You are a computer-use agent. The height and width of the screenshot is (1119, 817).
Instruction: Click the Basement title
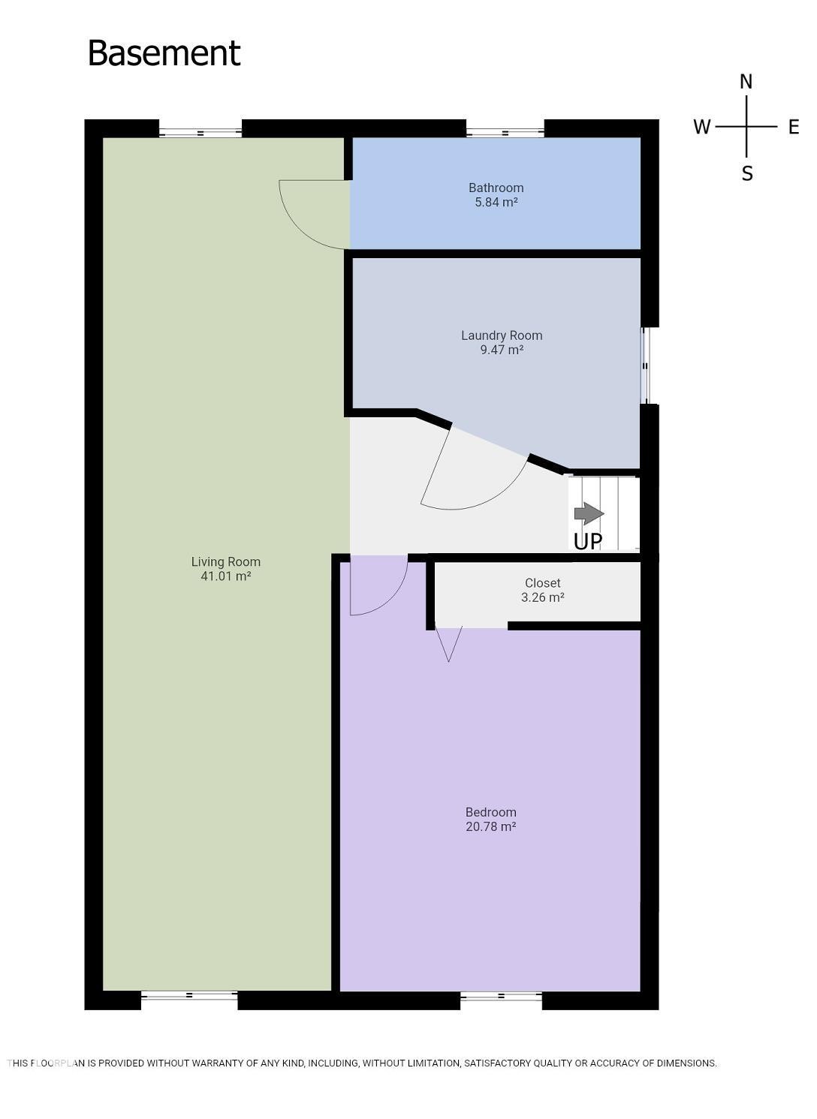click(x=164, y=53)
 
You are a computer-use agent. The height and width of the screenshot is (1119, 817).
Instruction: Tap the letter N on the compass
click(x=746, y=82)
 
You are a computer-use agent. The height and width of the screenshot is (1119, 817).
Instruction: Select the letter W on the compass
click(x=701, y=127)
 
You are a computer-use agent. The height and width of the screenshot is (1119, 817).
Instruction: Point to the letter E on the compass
click(x=793, y=127)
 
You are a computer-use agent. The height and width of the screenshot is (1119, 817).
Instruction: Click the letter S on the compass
click(x=746, y=174)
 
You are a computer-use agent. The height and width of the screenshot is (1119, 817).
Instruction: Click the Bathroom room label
click(x=496, y=188)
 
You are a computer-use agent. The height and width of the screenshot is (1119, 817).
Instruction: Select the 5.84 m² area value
click(x=496, y=203)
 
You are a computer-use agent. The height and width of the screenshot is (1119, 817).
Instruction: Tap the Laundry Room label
click(x=502, y=335)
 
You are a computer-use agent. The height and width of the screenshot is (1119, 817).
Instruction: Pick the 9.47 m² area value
click(x=502, y=350)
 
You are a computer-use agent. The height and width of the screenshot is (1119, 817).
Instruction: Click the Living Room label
click(x=225, y=561)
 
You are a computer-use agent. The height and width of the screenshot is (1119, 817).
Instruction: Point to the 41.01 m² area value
click(x=225, y=576)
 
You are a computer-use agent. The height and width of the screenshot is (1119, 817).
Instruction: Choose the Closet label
click(x=542, y=583)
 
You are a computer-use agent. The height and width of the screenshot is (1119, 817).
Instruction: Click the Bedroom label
click(x=490, y=812)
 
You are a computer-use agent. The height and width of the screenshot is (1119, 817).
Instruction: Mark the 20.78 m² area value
click(x=490, y=827)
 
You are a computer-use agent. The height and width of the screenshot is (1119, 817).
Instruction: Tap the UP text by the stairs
click(x=587, y=542)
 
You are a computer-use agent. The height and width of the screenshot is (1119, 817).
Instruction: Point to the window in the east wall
click(x=645, y=365)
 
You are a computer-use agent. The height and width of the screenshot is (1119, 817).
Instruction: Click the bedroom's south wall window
click(x=501, y=997)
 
